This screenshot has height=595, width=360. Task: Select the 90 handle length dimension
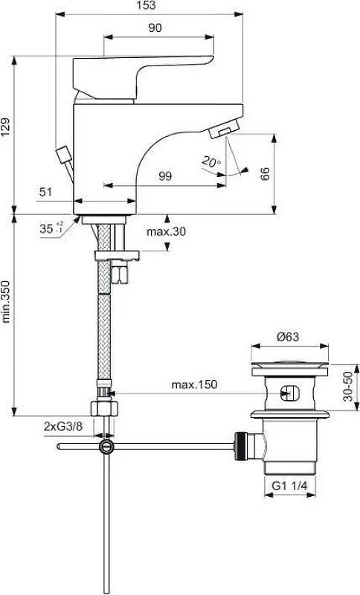click(x=155, y=28)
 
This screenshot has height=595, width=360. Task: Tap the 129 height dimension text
click(x=7, y=130)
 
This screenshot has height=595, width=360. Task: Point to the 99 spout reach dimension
click(x=165, y=176)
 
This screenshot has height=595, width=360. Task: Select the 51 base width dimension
click(x=46, y=193)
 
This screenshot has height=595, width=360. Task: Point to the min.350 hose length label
click(x=7, y=301)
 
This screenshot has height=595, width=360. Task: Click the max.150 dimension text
click(x=193, y=385)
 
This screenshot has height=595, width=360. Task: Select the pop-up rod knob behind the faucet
click(x=61, y=156)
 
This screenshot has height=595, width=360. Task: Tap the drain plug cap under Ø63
click(x=290, y=365)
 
